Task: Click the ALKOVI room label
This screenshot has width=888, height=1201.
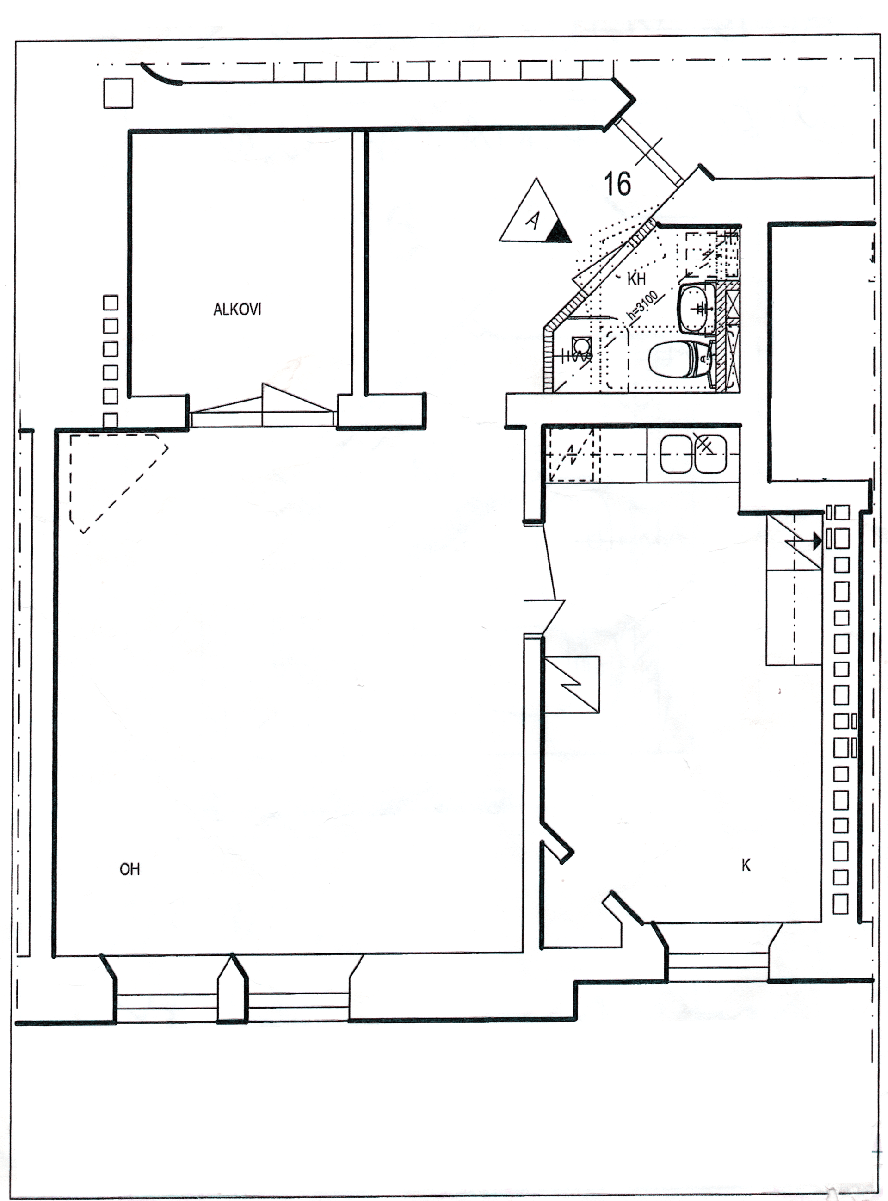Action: coord(237,310)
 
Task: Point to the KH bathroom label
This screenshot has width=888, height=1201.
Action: coord(636,279)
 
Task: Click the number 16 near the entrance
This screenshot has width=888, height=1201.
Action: coord(617,184)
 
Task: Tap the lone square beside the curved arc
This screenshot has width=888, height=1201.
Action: coord(118,93)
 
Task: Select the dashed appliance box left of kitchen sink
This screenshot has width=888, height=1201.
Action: coord(571,455)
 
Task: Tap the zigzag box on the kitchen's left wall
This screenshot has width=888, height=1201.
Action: coord(572,685)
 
